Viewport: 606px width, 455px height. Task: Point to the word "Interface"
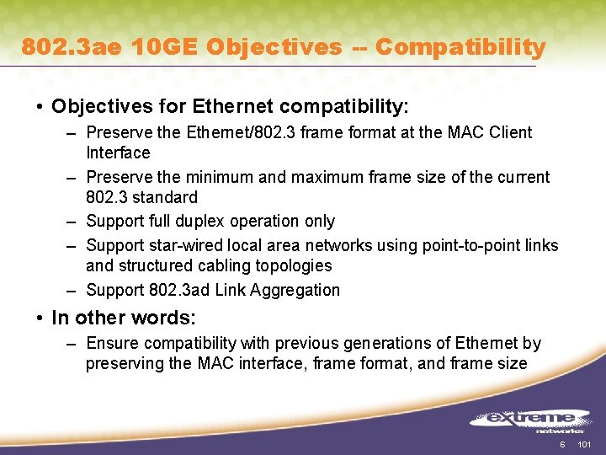coord(118,153)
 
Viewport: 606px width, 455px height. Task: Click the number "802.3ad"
coord(181,290)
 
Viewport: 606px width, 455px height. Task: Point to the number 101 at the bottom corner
coord(586,444)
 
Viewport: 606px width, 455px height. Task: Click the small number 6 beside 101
coord(563,444)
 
